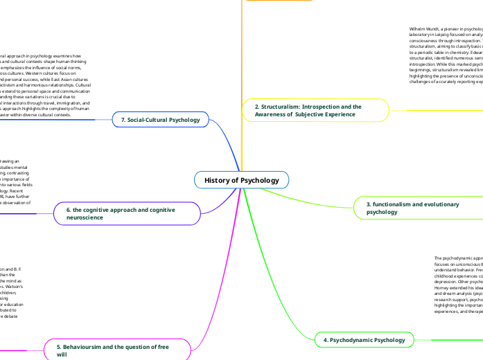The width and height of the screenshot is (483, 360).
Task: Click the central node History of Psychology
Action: (x=241, y=181)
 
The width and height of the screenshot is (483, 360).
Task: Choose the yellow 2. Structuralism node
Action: (x=315, y=111)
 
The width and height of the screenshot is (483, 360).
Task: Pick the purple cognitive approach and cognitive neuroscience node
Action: (x=124, y=213)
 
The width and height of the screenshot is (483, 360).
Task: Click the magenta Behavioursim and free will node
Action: (x=115, y=348)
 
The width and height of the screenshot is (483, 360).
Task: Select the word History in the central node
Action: (x=216, y=181)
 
